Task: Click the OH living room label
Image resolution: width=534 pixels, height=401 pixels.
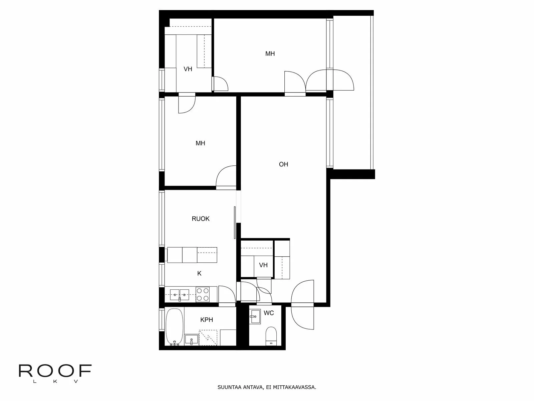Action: coord(283,164)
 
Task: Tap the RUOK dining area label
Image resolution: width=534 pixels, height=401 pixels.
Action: coord(201,219)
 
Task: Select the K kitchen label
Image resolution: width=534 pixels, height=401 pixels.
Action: coord(199,273)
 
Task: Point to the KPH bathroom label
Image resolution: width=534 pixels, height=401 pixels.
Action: coord(207,320)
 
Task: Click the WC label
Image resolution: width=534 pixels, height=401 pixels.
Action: coord(269,313)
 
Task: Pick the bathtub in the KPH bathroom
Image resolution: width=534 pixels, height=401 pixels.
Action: coord(175,327)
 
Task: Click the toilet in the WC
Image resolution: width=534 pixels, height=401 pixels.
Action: coord(271,336)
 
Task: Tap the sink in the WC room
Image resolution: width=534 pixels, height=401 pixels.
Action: coord(255,316)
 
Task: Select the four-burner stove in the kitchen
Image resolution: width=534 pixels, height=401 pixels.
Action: coord(202,294)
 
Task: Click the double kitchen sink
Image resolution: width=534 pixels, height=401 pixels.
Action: coord(180,295)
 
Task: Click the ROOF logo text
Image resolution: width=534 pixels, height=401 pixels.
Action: coord(55,371)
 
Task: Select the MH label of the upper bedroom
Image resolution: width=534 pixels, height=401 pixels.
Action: coord(270,53)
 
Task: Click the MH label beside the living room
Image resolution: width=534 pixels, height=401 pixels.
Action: coord(200,143)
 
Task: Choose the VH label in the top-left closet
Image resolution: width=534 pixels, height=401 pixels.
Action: coord(188,69)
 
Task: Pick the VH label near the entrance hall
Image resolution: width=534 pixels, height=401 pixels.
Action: coord(263,265)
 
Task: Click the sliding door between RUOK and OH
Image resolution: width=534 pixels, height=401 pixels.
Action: coord(235,223)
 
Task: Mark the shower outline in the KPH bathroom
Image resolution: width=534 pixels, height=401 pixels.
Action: coord(208,338)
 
